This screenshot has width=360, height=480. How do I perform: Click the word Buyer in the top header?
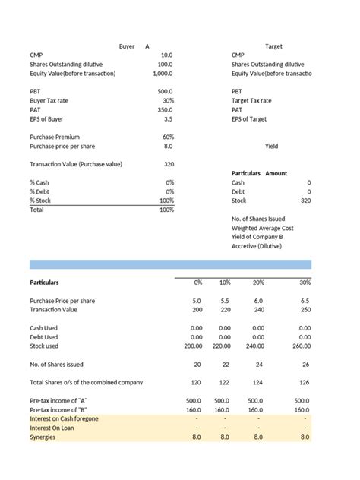click(x=127, y=46)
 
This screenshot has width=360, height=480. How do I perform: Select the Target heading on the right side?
click(x=273, y=46)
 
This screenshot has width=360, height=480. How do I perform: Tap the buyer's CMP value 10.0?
click(x=166, y=55)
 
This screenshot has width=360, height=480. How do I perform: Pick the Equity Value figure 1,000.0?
click(x=163, y=74)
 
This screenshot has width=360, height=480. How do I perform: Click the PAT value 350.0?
click(x=165, y=109)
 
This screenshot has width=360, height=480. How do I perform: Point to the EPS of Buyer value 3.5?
click(x=168, y=118)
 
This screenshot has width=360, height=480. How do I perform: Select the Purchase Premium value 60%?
click(x=168, y=137)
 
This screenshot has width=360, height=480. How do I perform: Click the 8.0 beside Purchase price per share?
click(x=168, y=146)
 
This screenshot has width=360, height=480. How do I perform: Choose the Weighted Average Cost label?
click(x=262, y=228)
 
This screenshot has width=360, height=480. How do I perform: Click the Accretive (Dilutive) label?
click(x=257, y=246)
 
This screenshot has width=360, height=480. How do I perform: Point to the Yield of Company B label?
click(x=257, y=237)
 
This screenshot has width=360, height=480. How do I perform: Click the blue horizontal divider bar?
click(x=170, y=264)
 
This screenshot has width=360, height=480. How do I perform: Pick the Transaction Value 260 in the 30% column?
click(x=305, y=310)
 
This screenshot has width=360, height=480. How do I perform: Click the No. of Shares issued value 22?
click(x=224, y=365)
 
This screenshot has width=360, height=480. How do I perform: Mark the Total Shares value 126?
click(x=305, y=382)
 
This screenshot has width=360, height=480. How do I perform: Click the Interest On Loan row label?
click(x=52, y=428)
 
